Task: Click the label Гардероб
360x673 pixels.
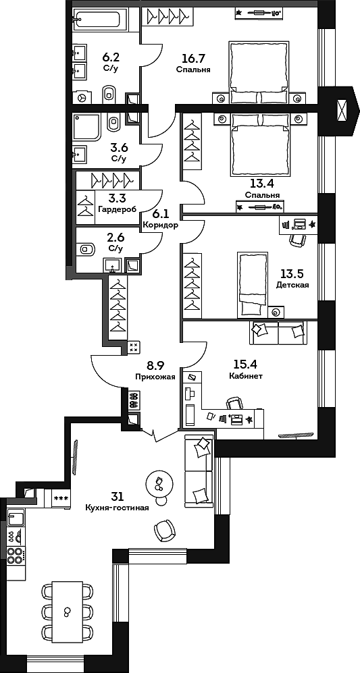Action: [117, 209]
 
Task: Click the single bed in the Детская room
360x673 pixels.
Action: [252, 284]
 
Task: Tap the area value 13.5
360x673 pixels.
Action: [292, 273]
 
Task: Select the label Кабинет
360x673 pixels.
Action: [246, 376]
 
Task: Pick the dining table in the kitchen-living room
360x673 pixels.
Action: [66, 612]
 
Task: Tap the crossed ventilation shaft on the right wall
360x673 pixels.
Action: [342, 108]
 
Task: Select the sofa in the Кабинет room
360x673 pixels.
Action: [278, 331]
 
